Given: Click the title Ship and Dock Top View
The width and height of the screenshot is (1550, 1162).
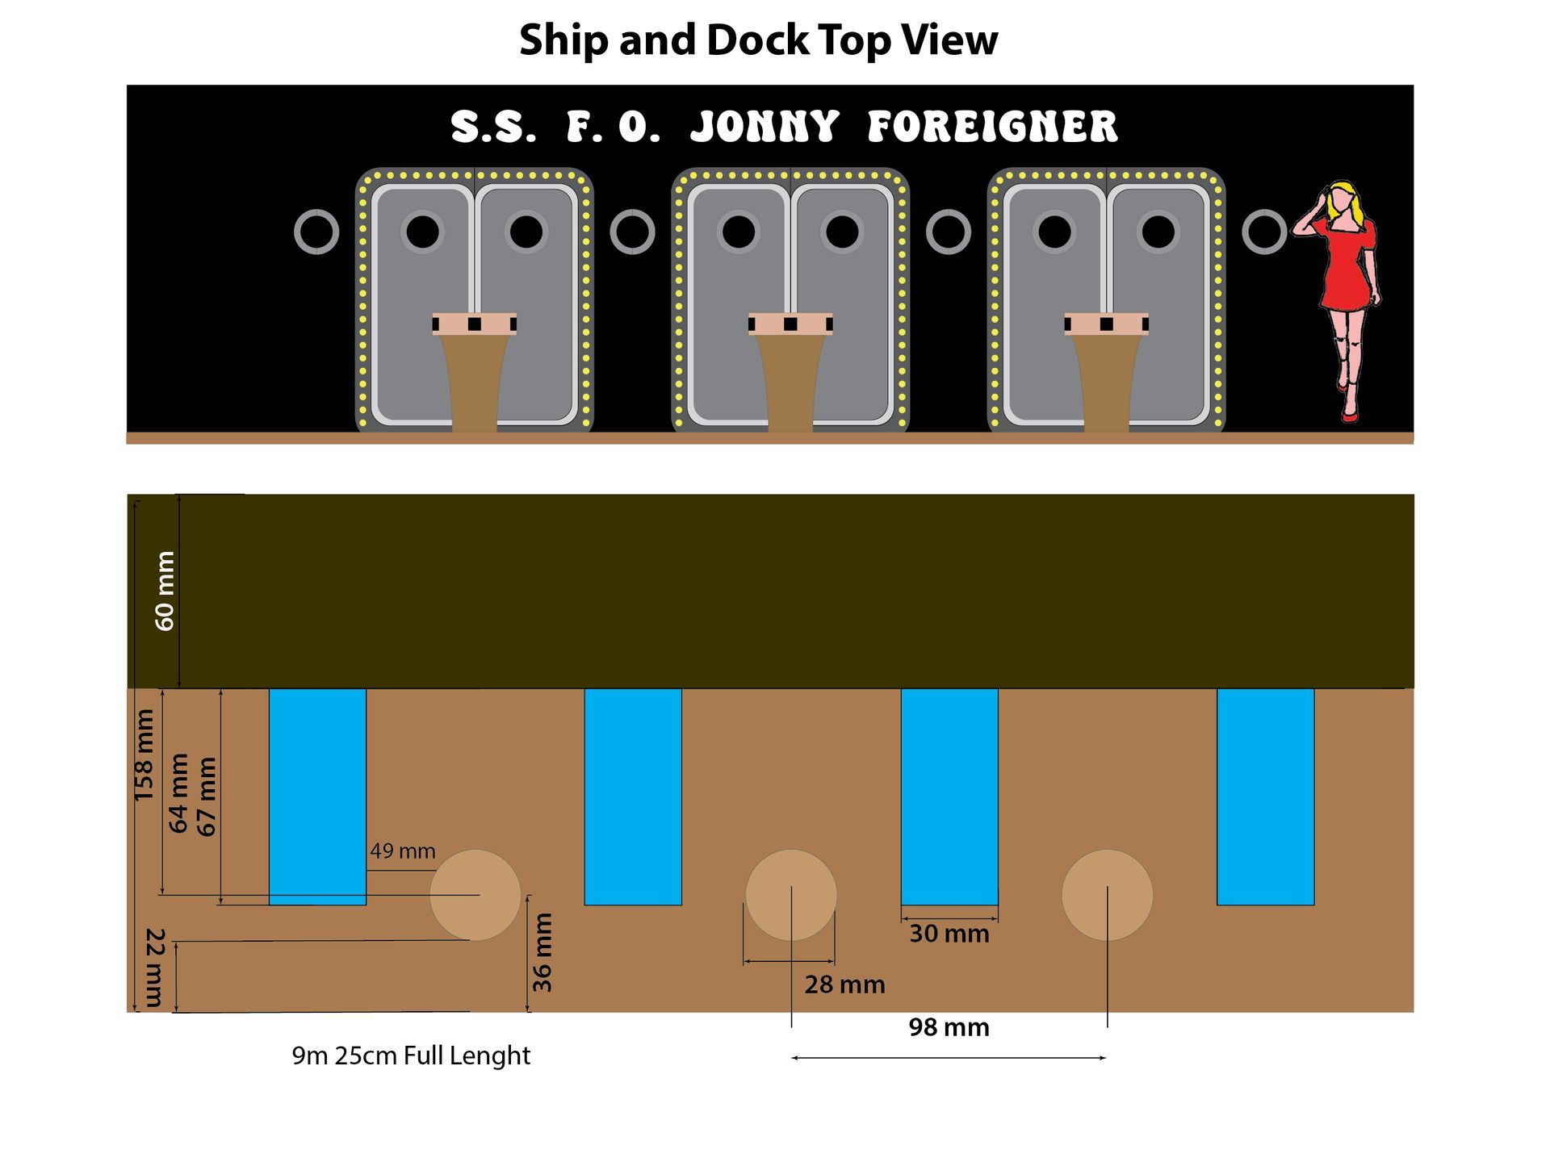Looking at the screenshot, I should [x=758, y=40].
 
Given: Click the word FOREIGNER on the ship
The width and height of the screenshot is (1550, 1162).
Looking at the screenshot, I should [x=992, y=127].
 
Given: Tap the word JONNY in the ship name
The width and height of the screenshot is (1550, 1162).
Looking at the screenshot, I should [x=765, y=127].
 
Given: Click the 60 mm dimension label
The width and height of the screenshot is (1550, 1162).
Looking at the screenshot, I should [x=165, y=591].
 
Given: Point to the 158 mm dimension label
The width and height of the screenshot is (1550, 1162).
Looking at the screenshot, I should [x=144, y=755].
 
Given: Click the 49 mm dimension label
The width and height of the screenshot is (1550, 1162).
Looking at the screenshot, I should [x=403, y=851].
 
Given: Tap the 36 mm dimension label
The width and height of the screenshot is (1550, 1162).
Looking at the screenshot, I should [x=542, y=952].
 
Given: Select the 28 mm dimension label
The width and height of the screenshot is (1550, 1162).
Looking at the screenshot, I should [x=844, y=984].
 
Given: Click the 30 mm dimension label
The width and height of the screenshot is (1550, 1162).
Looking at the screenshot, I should [x=949, y=934].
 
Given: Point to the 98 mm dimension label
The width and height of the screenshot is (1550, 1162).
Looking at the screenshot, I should [x=949, y=1027].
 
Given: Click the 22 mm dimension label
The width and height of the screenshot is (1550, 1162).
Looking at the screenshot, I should [x=154, y=968].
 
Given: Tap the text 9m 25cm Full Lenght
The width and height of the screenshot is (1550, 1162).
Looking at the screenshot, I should [x=411, y=1055].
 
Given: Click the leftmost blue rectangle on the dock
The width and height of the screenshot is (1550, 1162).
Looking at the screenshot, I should [x=317, y=796].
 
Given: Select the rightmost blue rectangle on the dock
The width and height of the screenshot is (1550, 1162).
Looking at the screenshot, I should [x=1265, y=796].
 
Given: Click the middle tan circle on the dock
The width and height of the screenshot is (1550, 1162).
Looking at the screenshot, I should [x=791, y=895].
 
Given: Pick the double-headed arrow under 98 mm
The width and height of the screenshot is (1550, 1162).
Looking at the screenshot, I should [x=949, y=1058].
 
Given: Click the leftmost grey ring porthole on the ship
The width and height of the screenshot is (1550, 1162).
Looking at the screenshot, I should [x=316, y=232].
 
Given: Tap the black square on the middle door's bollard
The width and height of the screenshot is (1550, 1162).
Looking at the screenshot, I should [x=790, y=324].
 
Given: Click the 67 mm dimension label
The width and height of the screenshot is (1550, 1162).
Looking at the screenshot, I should [x=207, y=796].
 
